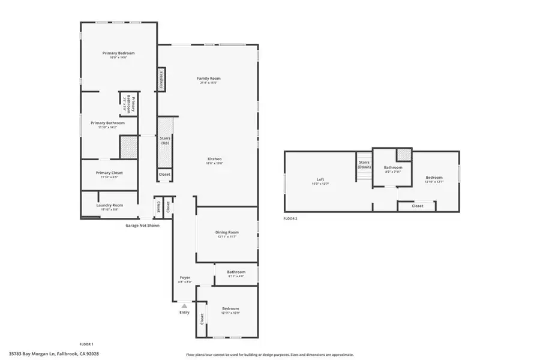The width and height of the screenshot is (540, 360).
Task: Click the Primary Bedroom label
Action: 118,53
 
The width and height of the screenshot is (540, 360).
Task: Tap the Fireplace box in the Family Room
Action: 161,79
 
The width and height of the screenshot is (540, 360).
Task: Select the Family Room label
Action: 208,79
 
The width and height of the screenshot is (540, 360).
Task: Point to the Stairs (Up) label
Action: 165,140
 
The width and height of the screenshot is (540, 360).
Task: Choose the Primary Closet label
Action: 109,173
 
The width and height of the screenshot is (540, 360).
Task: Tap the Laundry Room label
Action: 109,205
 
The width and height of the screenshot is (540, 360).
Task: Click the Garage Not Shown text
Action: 142,226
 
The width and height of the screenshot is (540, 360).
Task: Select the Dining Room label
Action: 227,232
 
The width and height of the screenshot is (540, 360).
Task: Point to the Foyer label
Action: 185,277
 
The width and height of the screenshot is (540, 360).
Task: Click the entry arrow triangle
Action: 184,305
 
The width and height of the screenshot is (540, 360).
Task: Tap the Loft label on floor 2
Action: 320,178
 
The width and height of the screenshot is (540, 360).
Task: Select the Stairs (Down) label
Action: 364,164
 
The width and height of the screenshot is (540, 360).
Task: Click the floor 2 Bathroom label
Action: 393,167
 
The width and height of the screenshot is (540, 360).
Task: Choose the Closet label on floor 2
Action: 417,206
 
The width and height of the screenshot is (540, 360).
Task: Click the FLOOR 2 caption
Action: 290,219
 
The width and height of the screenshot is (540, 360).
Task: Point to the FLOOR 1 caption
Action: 86,344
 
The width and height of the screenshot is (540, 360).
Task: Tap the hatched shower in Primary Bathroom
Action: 129,146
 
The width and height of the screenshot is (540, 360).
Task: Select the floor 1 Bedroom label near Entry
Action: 230,308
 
